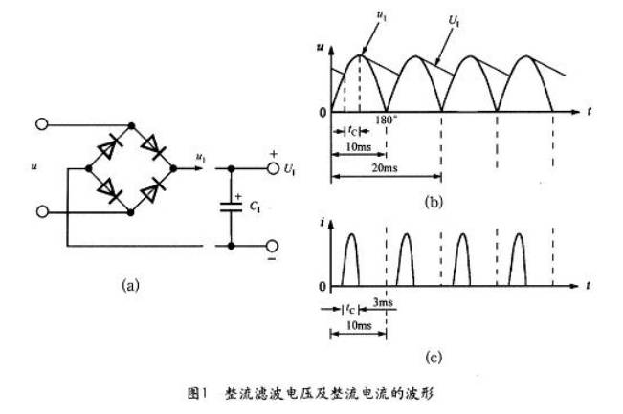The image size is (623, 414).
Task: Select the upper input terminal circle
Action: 41,124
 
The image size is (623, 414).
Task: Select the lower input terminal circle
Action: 41,210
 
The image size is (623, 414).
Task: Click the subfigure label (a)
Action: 132,283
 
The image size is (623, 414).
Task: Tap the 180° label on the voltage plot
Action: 385,120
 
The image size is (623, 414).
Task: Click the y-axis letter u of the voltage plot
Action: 320,46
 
